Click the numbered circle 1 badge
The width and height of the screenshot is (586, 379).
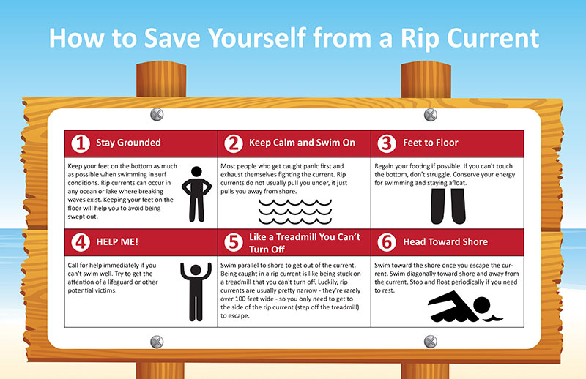tap(81, 143)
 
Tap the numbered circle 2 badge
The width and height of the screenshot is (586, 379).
tap(234, 143)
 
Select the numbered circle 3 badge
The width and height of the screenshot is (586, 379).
tap(387, 143)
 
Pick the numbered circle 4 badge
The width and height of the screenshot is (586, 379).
tap(81, 242)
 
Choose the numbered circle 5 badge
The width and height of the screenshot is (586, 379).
tap(234, 242)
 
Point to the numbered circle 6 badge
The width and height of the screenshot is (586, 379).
tap(387, 242)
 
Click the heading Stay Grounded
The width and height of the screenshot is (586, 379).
tap(128, 143)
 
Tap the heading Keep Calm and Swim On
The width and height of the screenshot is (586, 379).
tap(302, 143)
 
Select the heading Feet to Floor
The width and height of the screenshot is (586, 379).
tap(431, 143)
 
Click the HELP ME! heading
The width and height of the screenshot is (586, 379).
tap(117, 242)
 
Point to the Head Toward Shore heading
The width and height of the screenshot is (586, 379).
tap(445, 242)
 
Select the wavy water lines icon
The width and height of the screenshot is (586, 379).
tap(295, 211)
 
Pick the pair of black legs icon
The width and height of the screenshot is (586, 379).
tap(448, 206)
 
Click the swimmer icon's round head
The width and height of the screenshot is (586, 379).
tap(482, 305)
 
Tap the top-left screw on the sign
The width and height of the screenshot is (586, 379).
tap(157, 114)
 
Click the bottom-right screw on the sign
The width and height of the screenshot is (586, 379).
tap(431, 341)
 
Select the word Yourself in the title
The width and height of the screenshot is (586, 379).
tap(257, 38)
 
